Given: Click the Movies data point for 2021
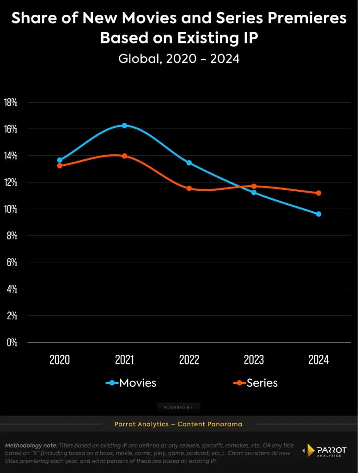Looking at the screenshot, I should (124, 126).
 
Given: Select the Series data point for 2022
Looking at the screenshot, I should (189, 188).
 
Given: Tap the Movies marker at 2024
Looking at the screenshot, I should (318, 214).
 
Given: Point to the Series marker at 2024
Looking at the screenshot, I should (318, 193).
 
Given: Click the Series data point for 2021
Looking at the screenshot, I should (124, 156).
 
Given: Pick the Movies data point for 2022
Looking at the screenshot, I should (189, 163).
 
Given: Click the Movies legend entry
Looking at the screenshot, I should (131, 383).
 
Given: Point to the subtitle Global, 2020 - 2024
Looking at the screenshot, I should (179, 59).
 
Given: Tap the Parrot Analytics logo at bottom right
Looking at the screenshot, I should (324, 450).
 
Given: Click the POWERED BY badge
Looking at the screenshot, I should (179, 407).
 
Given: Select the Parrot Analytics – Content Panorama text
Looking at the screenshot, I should (178, 424).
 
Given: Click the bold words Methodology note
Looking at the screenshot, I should (31, 445).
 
